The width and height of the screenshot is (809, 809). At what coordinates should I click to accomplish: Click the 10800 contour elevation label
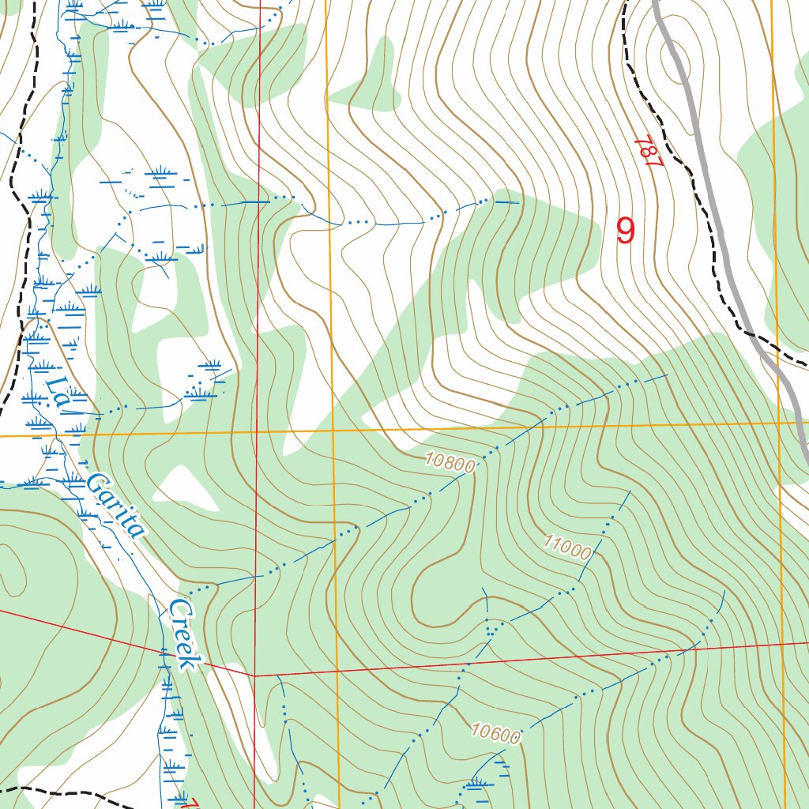pyautogui.click(x=450, y=462)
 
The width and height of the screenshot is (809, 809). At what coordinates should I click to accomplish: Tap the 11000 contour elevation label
pyautogui.click(x=566, y=547)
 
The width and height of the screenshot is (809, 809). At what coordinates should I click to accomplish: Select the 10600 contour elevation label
pyautogui.click(x=497, y=734)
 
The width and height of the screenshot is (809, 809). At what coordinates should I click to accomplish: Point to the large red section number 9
pyautogui.click(x=626, y=231)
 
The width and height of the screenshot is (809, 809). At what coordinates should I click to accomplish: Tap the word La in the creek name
pyautogui.click(x=58, y=392)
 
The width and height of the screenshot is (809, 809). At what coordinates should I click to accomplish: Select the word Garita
pyautogui.click(x=117, y=505)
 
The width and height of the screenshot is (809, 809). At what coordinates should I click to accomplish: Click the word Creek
pyautogui.click(x=182, y=634)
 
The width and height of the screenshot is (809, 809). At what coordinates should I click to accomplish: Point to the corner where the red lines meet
pyautogui.click(x=255, y=676)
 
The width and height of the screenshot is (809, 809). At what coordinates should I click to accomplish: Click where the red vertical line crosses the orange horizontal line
pyautogui.click(x=257, y=433)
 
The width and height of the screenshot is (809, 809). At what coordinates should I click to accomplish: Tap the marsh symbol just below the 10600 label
pyautogui.click(x=476, y=784)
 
